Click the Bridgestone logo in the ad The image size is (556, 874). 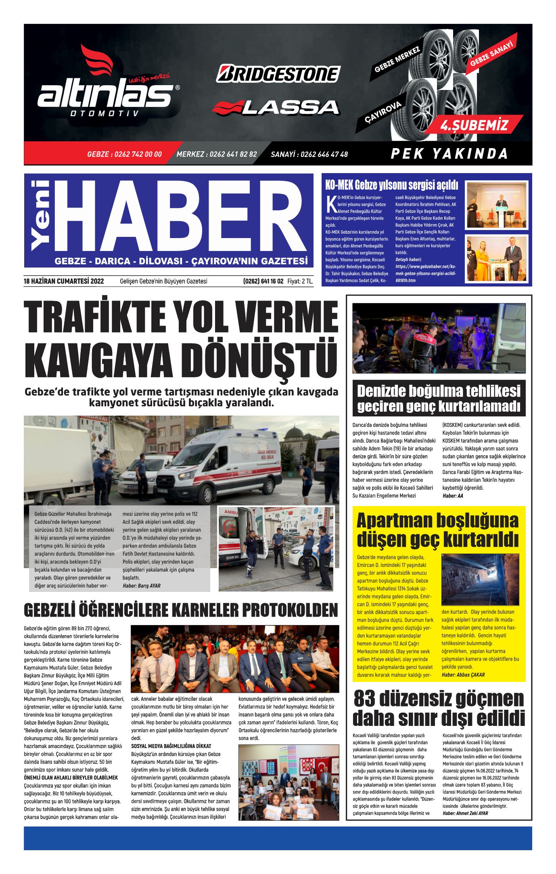coord(278,74)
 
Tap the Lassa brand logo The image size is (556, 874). coord(276,107)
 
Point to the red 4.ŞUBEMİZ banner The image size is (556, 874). coord(474,125)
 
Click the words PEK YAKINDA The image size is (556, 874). coord(449,154)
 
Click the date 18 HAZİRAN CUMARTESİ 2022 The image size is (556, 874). coord(64,281)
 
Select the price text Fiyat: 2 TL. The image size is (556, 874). coord(300,281)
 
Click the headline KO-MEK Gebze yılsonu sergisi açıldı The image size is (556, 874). coord(391,186)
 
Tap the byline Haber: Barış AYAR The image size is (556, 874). coord(141,586)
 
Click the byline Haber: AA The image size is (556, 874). coord(453,496)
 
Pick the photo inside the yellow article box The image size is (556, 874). coord(479,579)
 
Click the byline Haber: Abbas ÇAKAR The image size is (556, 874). coord(463,675)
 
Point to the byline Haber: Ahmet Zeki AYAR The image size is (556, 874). coord(465,813)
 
